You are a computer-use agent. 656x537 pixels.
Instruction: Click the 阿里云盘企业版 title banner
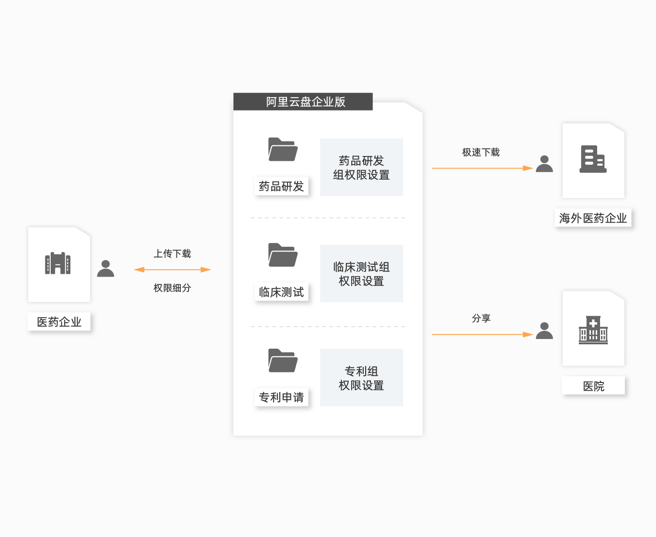(303, 101)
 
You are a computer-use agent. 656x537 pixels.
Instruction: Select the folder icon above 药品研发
(283, 150)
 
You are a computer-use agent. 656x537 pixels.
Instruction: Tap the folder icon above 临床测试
(283, 255)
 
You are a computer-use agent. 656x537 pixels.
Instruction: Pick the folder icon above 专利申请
(283, 360)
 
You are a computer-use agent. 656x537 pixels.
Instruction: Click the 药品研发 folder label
(282, 186)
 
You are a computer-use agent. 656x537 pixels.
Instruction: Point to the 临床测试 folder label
(282, 292)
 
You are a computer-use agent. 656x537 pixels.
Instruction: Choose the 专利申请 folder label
(282, 397)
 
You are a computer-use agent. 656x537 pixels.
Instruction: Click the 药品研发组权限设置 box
(361, 167)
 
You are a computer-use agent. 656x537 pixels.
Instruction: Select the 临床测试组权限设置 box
(361, 273)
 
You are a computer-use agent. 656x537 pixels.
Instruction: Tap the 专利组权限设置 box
(361, 378)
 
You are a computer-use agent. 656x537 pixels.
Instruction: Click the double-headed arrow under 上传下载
(172, 269)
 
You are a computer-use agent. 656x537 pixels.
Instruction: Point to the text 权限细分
(172, 288)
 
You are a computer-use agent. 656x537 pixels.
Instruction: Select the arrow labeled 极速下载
(482, 168)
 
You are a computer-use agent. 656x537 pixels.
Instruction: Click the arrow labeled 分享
(482, 335)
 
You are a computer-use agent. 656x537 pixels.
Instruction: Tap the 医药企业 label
(59, 322)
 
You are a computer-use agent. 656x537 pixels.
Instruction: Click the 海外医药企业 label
(593, 218)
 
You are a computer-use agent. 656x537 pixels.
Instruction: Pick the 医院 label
(593, 386)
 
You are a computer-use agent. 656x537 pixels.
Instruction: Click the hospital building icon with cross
(593, 330)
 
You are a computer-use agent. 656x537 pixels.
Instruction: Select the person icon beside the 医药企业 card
(106, 268)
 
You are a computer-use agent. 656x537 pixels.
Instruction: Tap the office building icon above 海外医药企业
(593, 159)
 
